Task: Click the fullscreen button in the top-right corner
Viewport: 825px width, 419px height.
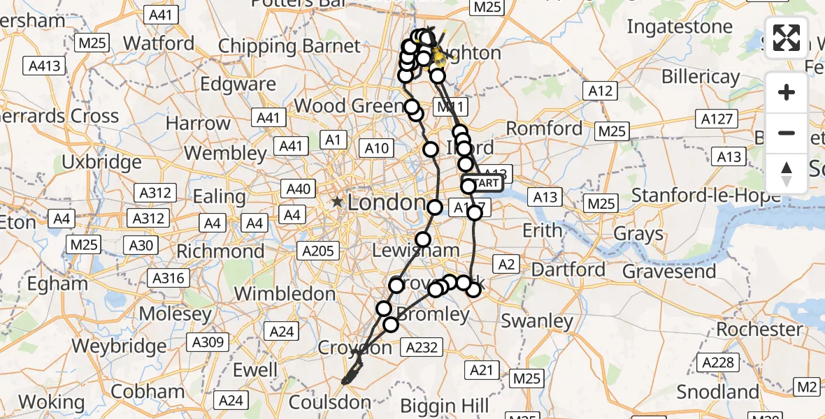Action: click(787, 38)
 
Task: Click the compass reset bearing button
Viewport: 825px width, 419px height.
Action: click(787, 174)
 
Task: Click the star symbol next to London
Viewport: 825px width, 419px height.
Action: click(338, 203)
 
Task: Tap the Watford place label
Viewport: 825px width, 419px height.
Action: click(159, 43)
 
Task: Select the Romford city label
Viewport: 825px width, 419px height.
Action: click(544, 128)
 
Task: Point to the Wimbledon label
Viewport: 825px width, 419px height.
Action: click(285, 293)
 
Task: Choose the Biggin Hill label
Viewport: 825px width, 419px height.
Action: click(445, 406)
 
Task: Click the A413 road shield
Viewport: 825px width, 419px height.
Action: click(45, 67)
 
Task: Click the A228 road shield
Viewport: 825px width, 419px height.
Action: click(718, 362)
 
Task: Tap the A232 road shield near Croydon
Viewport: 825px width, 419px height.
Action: click(421, 346)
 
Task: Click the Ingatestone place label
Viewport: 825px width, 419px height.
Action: click(680, 27)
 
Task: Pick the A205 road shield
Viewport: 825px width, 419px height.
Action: click(320, 250)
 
